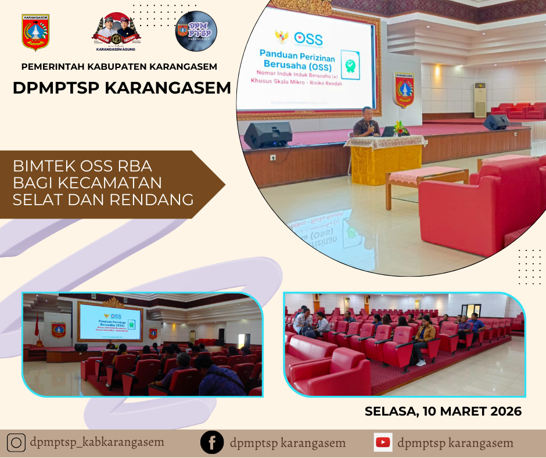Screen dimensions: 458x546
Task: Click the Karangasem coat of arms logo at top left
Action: pyautogui.click(x=35, y=33)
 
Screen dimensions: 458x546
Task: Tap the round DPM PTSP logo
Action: pyautogui.click(x=196, y=31)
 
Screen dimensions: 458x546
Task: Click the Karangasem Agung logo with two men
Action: pyautogui.click(x=116, y=33)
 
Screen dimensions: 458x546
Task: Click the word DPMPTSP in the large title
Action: pyautogui.click(x=54, y=89)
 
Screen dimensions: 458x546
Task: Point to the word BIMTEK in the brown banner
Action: pyautogui.click(x=40, y=166)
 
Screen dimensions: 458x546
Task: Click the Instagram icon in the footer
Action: pyautogui.click(x=16, y=443)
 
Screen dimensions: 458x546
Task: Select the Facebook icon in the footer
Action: pyautogui.click(x=212, y=443)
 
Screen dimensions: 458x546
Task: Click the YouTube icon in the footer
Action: pyautogui.click(x=383, y=443)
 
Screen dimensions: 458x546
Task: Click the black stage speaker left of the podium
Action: pyautogui.click(x=268, y=134)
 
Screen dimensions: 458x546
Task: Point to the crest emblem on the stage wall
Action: pyautogui.click(x=404, y=89)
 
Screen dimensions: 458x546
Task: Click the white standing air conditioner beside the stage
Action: pyautogui.click(x=480, y=99)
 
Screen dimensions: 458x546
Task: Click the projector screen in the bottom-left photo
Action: pyautogui.click(x=110, y=322)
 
